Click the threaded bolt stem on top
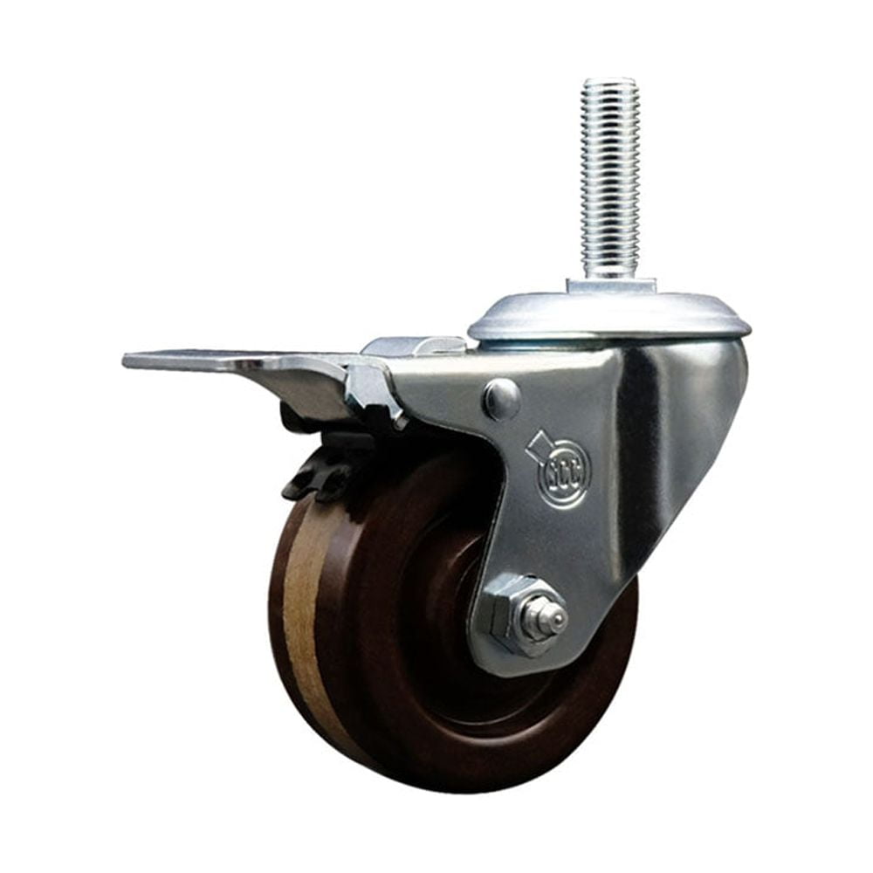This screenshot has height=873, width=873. pyautogui.click(x=609, y=175)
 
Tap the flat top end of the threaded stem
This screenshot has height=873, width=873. pyautogui.click(x=609, y=82)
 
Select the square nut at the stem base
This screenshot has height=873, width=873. pyautogui.click(x=609, y=285)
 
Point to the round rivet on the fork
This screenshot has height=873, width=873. pyautogui.click(x=501, y=398)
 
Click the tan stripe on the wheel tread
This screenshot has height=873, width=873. pyautogui.click(x=306, y=611)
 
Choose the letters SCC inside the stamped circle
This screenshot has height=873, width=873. pyautogui.click(x=564, y=475)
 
